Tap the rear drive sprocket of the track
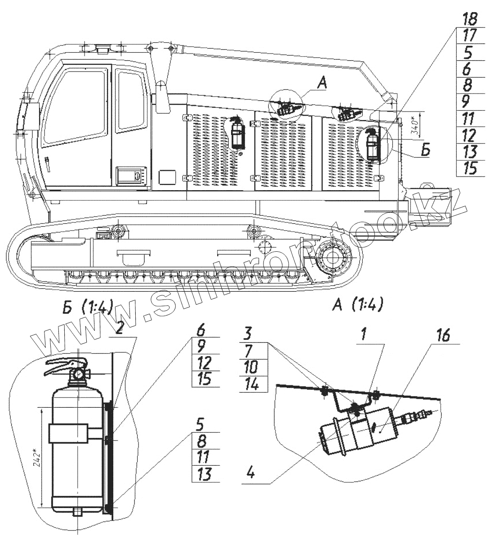(x=333, y=258)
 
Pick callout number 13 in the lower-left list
(x=205, y=474)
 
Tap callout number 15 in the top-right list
(x=469, y=168)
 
